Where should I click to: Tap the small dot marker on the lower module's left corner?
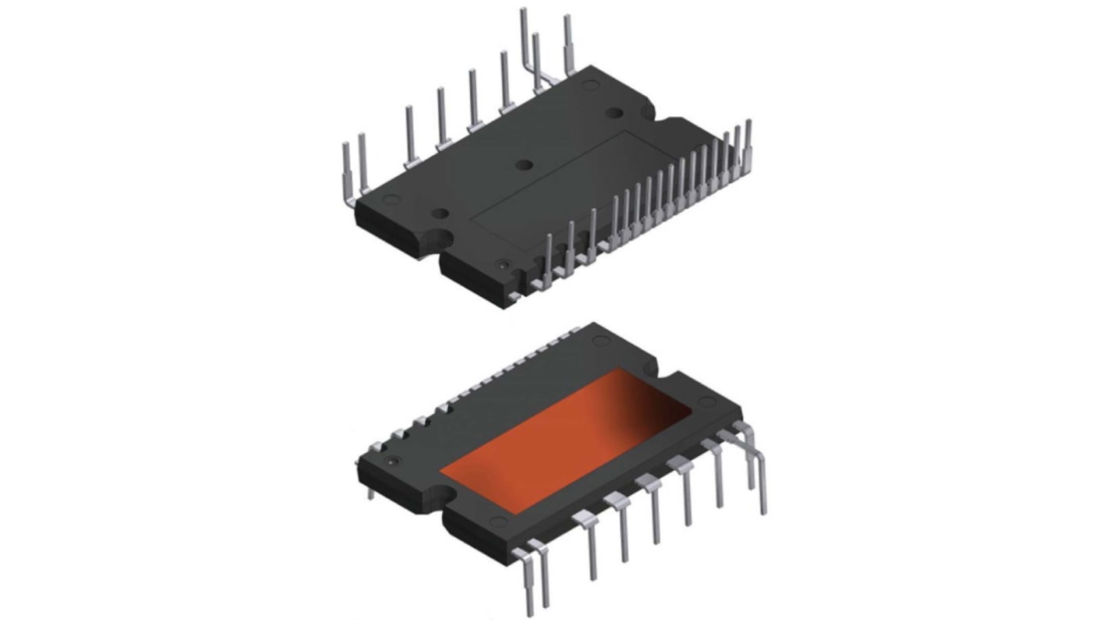coord(392,461)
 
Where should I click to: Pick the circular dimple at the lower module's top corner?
coord(601,340)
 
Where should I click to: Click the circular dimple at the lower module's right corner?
coord(706,402)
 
